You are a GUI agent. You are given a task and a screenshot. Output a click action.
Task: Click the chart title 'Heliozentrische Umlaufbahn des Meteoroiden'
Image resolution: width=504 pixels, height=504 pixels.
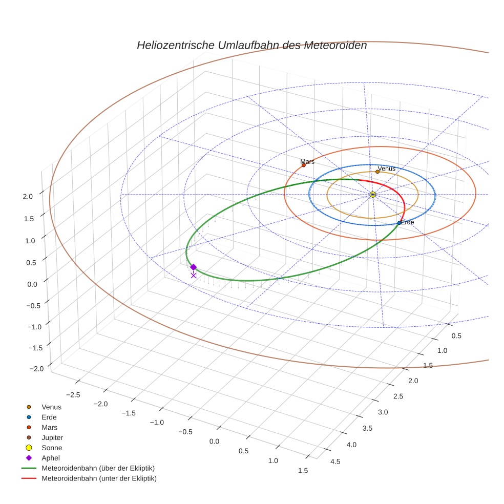click(251, 46)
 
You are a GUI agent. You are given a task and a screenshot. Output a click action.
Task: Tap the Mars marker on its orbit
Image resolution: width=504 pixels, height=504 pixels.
click(304, 165)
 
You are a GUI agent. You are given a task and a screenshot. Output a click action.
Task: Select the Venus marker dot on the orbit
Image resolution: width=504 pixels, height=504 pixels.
click(377, 172)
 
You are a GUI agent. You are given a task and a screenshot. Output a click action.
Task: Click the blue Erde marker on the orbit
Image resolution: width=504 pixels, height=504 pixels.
click(399, 223)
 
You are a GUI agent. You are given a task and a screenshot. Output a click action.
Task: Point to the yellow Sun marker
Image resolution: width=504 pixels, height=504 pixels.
click(372, 195)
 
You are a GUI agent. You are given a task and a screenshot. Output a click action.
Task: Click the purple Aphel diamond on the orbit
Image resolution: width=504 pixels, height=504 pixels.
click(193, 267)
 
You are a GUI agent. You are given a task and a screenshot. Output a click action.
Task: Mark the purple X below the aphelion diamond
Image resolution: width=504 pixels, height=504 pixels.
click(193, 276)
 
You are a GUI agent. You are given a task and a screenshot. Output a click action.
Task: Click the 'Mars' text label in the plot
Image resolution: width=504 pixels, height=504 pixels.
click(307, 161)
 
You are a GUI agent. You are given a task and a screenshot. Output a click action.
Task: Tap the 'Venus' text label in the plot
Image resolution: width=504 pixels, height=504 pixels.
click(386, 168)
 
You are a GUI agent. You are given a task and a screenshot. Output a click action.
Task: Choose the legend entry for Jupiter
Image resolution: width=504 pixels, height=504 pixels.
click(52, 438)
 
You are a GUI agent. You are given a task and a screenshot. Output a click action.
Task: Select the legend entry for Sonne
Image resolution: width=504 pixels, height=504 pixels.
click(52, 448)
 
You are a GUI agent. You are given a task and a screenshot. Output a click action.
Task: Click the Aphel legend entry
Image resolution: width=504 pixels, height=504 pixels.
click(51, 458)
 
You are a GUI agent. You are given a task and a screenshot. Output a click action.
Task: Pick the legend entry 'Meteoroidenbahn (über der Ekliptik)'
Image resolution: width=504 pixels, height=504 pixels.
click(98, 468)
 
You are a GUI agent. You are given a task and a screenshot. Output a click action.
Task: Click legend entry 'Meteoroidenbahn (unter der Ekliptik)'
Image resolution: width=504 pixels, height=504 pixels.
click(99, 478)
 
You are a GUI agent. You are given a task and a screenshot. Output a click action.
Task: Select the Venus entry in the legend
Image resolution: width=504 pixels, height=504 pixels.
click(51, 407)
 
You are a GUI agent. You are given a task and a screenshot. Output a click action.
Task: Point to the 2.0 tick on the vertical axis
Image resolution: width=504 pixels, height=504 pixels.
click(28, 196)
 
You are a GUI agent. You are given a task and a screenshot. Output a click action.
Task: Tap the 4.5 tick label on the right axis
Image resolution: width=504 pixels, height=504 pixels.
click(335, 461)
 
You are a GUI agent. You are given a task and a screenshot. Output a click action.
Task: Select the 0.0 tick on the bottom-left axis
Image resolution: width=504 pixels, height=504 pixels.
click(214, 441)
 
